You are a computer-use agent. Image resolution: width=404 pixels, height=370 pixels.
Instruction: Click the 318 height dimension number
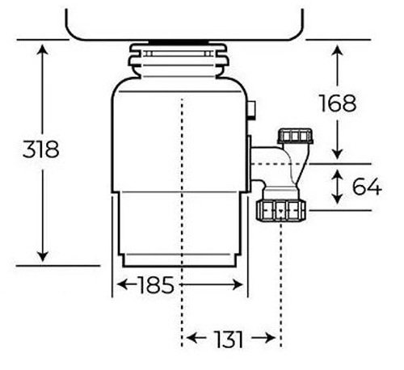tap(41, 149)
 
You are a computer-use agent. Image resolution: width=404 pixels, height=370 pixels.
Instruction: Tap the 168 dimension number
tap(338, 103)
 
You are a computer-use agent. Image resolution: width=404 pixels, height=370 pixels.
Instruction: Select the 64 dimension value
tap(367, 187)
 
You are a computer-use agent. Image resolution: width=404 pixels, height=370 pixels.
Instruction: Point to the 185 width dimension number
tap(156, 284)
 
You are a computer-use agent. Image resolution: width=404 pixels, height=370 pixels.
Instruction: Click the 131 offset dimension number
tap(229, 339)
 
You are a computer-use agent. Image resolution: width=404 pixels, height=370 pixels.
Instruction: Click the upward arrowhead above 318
tap(42, 49)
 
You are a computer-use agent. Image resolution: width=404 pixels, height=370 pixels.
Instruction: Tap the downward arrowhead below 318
tap(42, 256)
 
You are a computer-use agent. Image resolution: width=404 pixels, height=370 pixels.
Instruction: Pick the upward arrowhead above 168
tap(337, 51)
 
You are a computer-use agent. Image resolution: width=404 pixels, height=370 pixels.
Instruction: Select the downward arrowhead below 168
tap(337, 154)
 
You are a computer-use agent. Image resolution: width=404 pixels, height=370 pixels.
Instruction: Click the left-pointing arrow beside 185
tap(127, 284)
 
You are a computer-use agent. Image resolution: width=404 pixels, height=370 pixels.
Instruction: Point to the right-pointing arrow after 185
tap(211, 284)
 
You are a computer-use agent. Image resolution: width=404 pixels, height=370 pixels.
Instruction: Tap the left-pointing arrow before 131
tap(196, 338)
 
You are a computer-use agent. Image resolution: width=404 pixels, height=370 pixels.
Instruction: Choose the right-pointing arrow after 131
tap(263, 338)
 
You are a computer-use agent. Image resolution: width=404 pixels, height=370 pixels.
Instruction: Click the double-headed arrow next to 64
tap(337, 187)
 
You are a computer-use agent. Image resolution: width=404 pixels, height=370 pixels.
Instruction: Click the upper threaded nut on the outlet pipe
tap(295, 136)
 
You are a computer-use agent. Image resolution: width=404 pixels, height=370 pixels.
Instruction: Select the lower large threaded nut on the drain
tap(281, 211)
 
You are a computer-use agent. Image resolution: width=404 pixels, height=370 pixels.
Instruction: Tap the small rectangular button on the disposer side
tap(251, 109)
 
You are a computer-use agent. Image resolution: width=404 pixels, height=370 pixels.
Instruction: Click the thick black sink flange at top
tap(179, 41)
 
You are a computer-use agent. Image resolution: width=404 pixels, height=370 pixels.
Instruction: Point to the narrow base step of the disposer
tap(180, 260)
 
